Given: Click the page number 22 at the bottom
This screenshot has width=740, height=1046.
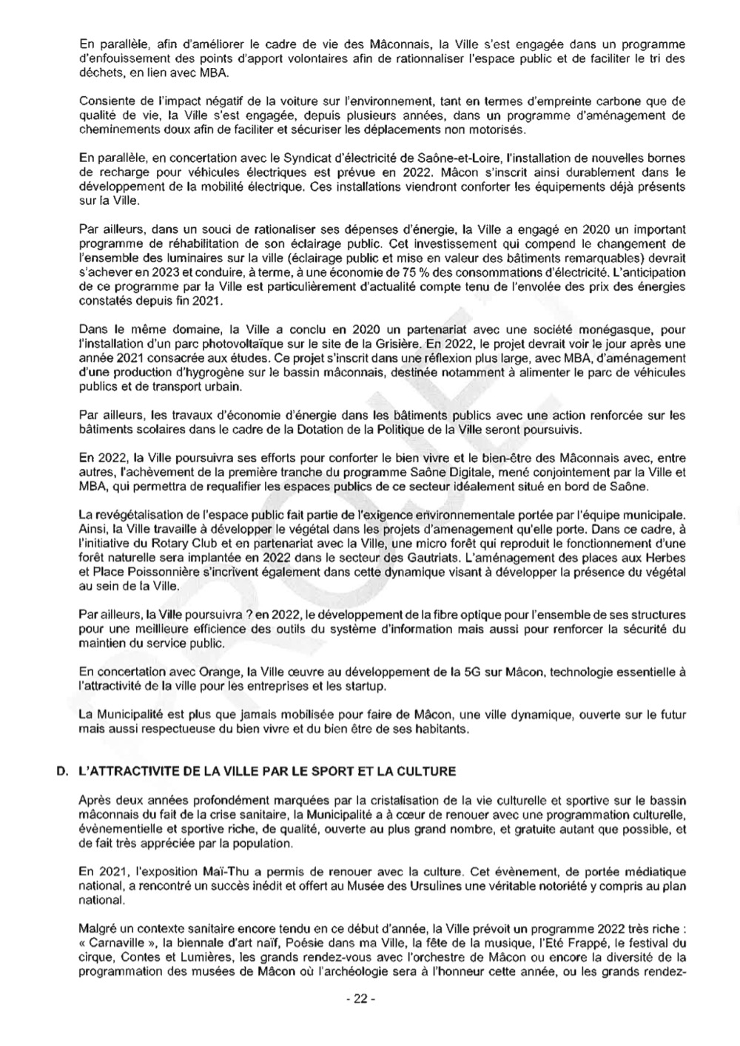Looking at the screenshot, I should click(x=360, y=999).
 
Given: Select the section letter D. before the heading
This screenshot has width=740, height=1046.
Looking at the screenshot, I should click(x=62, y=772).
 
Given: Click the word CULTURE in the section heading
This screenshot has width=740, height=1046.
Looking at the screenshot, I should click(x=426, y=772).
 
